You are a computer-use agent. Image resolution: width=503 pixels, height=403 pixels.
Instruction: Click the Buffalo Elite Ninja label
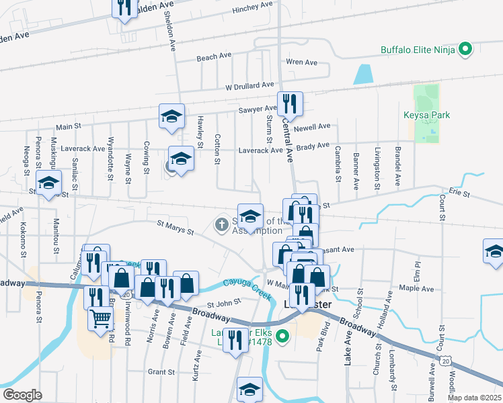(x=418, y=49)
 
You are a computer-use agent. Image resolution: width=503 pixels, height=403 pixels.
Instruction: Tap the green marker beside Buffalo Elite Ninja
(x=465, y=49)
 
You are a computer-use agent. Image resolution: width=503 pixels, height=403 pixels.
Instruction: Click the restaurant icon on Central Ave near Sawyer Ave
(x=290, y=103)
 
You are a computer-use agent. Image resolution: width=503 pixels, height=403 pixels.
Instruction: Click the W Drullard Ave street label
(x=249, y=86)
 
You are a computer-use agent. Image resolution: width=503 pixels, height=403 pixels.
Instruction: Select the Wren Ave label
(x=301, y=62)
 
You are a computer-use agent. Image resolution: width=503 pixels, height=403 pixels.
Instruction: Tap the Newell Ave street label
(x=315, y=126)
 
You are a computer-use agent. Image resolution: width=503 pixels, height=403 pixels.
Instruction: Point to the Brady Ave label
(x=313, y=145)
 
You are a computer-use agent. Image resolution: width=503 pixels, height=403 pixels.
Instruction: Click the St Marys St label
(x=175, y=227)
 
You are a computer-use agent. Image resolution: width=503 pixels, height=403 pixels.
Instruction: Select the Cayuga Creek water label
(x=243, y=289)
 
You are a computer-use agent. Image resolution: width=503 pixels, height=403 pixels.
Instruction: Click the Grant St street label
(x=161, y=371)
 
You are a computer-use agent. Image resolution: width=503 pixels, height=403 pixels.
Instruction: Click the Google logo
(x=22, y=395)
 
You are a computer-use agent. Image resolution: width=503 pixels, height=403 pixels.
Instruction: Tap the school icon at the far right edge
(x=494, y=252)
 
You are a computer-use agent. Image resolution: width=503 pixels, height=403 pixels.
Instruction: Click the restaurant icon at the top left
(x=123, y=8)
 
